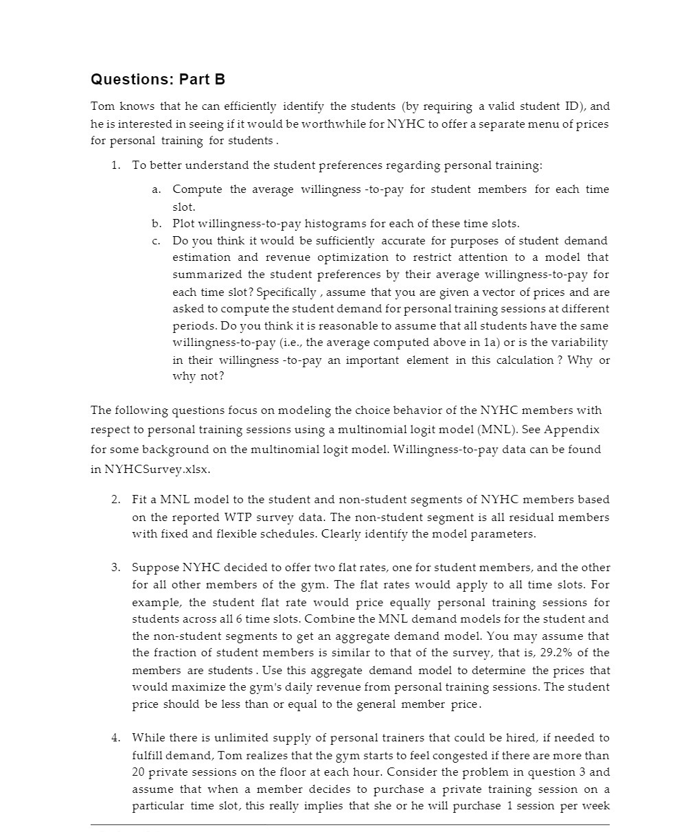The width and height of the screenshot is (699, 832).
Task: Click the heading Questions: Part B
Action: click(x=158, y=80)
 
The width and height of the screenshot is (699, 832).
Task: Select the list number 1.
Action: click(x=117, y=165)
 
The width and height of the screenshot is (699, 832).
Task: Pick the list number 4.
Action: click(x=117, y=738)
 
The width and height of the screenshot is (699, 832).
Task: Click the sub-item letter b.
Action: click(x=156, y=224)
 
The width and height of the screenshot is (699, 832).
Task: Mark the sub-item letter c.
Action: click(x=156, y=241)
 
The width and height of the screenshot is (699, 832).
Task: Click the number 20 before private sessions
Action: click(x=139, y=772)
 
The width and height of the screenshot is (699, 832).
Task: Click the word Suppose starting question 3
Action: click(x=155, y=568)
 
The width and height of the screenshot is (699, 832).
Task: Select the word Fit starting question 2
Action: click(x=139, y=500)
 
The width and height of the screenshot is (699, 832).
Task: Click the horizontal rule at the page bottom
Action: click(x=349, y=824)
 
